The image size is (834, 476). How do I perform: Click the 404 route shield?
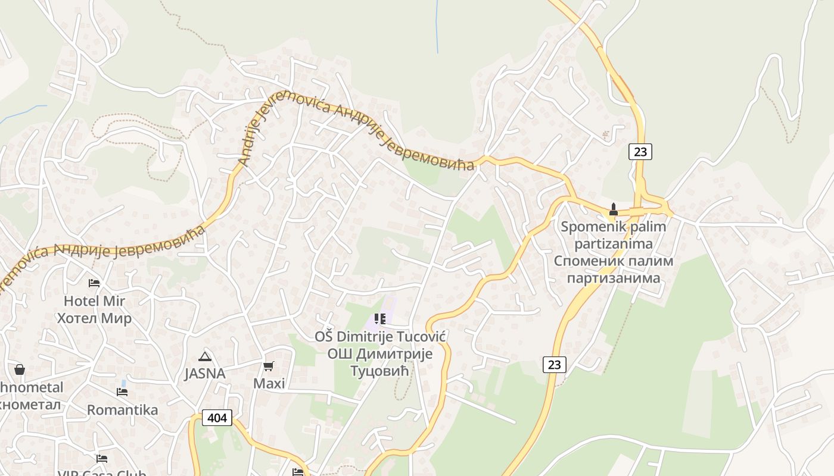[x=217, y=418]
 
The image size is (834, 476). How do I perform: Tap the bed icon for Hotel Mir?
[x=94, y=283]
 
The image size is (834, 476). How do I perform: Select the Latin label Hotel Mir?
[x=94, y=300]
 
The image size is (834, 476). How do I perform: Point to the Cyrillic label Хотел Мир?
[x=94, y=318]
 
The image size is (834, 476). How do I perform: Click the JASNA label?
[x=204, y=374]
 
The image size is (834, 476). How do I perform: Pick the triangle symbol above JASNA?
[x=204, y=356]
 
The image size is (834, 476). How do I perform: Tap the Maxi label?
[x=269, y=383]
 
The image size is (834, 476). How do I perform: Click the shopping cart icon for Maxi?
[x=269, y=366]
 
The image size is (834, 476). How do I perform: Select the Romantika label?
[x=122, y=410]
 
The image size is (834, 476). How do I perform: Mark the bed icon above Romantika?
[x=122, y=392]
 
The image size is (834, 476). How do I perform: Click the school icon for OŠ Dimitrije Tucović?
[x=380, y=319]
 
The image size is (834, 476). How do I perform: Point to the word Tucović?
[x=419, y=336]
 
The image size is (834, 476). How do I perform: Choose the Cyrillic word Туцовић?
[x=380, y=371]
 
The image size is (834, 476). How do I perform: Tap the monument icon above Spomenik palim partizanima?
[x=613, y=209]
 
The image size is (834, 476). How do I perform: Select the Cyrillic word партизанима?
[x=614, y=278]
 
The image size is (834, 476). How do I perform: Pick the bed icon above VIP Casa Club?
[x=102, y=459]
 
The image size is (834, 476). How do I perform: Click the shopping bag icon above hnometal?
[x=20, y=369]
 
